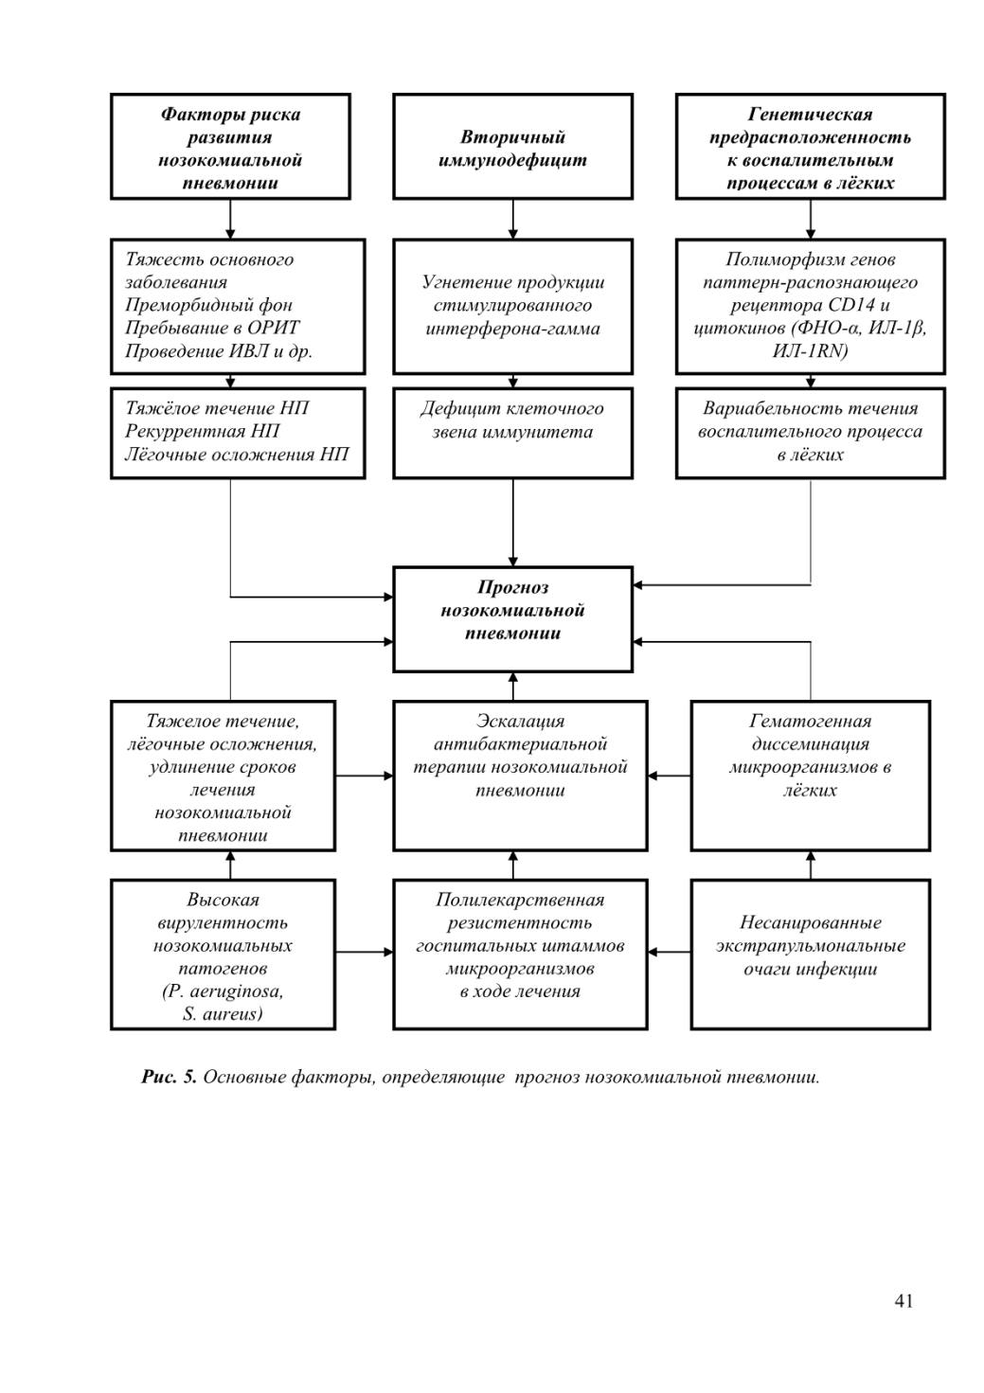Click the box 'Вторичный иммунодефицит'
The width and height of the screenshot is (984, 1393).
coord(512,147)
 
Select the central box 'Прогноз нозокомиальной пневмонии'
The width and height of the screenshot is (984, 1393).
coord(512,618)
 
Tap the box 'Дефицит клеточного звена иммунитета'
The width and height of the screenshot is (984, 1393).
coord(512,433)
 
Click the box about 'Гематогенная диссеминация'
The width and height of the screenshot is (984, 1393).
coord(810,776)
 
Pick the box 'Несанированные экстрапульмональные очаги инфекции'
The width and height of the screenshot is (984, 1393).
coord(810,954)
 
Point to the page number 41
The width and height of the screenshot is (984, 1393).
coord(903,1301)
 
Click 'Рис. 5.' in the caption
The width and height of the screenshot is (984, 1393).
coord(169,1078)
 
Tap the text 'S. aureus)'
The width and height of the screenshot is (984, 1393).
coord(223,1014)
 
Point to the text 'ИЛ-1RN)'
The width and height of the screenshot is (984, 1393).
coord(810,351)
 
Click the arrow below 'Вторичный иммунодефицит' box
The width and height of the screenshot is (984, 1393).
coord(512,219)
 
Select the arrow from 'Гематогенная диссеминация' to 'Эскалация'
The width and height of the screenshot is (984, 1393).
coord(669,776)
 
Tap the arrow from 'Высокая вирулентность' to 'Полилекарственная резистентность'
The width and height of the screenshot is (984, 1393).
coord(364,952)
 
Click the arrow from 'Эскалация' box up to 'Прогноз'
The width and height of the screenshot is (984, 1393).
coord(512,687)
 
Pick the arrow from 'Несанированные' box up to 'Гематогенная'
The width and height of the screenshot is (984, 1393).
coord(810,865)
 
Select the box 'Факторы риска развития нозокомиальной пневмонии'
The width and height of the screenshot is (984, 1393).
coord(230,147)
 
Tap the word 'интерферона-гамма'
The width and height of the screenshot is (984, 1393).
coord(512,329)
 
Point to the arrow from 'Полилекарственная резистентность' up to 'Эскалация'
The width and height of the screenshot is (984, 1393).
coord(512,865)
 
